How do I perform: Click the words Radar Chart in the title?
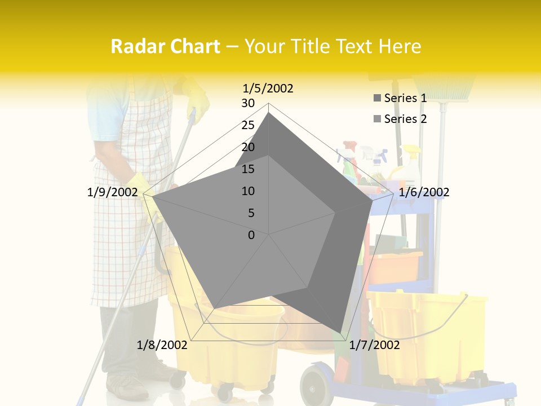(x=165, y=46)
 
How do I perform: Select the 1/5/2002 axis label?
(x=268, y=89)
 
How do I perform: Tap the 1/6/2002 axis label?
(x=424, y=192)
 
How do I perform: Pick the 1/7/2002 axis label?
(x=375, y=345)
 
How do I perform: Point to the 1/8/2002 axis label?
(x=162, y=345)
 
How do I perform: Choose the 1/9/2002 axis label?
(x=112, y=192)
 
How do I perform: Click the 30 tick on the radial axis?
(x=247, y=103)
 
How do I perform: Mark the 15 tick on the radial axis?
(x=247, y=169)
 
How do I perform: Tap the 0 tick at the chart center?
(x=251, y=235)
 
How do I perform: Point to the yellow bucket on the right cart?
(x=428, y=333)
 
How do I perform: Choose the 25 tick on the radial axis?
(x=247, y=125)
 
